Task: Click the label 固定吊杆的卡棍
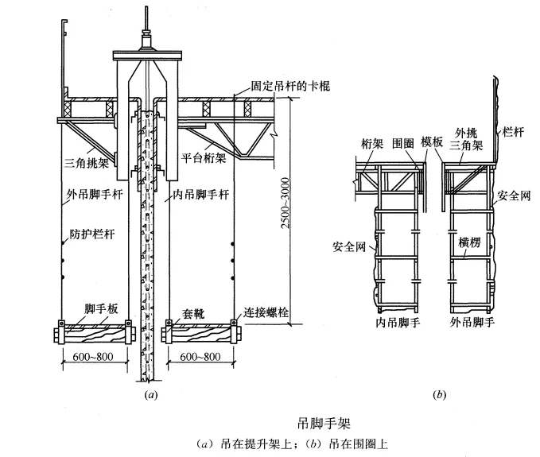coord(290,86)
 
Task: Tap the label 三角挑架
coord(87,162)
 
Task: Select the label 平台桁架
coord(204,158)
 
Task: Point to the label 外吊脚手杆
coord(95,195)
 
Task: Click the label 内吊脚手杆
coord(200,195)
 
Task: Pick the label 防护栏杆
coord(92,234)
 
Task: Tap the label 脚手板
coord(101,308)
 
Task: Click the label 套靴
coord(193,313)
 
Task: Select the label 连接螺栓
coord(266,312)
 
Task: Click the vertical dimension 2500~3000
coord(286,203)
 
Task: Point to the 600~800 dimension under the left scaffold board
coord(93,357)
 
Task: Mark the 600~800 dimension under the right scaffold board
coord(200,357)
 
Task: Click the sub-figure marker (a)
coord(151,394)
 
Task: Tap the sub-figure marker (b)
coord(439,394)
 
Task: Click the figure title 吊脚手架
coord(324,423)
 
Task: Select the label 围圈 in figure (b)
coord(403,143)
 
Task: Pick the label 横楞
coord(469,242)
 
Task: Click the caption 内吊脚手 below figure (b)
coord(398,322)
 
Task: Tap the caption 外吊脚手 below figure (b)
coord(472,322)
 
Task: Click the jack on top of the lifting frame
coord(147,41)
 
